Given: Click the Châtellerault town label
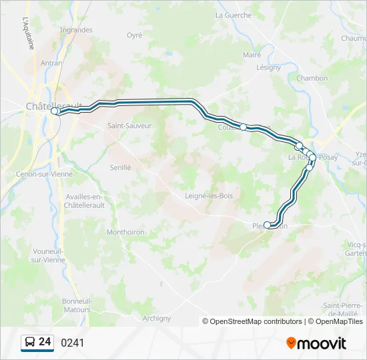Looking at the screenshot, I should pyautogui.click(x=53, y=105).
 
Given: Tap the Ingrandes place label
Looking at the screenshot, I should pyautogui.click(x=76, y=30).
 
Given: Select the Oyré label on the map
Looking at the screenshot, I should pyautogui.click(x=135, y=35).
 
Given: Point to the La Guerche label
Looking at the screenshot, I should pyautogui.click(x=234, y=15).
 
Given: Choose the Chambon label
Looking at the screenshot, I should pyautogui.click(x=312, y=78).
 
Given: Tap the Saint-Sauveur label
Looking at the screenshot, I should pyautogui.click(x=129, y=125).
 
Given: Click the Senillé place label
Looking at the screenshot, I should pyautogui.click(x=120, y=168).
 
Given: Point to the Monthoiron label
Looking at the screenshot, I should pyautogui.click(x=125, y=232).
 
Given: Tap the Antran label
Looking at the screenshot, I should pyautogui.click(x=51, y=63).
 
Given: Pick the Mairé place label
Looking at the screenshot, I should pyautogui.click(x=252, y=55).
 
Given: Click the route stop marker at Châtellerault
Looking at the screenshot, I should pyautogui.click(x=55, y=112).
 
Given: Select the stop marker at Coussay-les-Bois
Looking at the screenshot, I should pyautogui.click(x=243, y=127).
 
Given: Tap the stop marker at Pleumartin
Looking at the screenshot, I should pyautogui.click(x=268, y=225).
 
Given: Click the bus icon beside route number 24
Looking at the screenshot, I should pyautogui.click(x=30, y=343).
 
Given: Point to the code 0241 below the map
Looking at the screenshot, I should pyautogui.click(x=73, y=343).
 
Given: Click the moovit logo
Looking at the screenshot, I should pyautogui.click(x=316, y=343).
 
